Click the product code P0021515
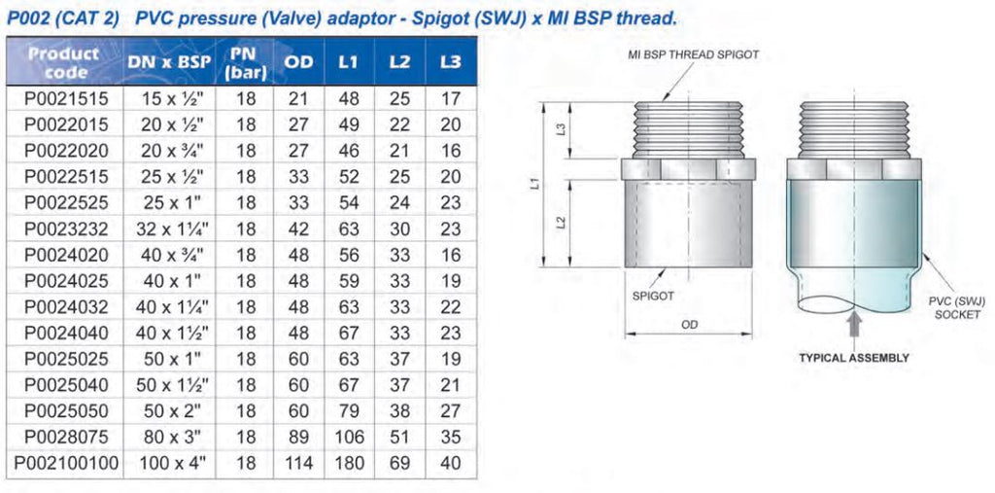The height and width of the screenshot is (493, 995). pos(66,99)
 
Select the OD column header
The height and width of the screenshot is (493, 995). pos(298,62)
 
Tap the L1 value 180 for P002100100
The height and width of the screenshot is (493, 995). pos(348,463)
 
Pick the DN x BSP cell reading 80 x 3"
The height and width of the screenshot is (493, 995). pos(172,438)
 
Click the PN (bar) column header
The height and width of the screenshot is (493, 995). pos(246,62)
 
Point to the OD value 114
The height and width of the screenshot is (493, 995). pos(298,463)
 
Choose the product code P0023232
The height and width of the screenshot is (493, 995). pos(66,229)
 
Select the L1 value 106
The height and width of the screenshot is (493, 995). pos(348,438)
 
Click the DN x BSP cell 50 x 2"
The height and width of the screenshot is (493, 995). pos(172,411)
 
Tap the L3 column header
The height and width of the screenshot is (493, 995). pos(450,62)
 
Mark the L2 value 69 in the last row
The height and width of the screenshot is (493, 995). pos(399,463)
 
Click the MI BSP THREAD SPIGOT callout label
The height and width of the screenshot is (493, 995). pos(693,55)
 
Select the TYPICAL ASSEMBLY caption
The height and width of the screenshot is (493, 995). pos(853,358)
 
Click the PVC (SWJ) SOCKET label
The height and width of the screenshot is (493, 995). pos(955,308)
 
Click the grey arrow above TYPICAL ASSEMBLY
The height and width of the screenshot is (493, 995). pos(853,325)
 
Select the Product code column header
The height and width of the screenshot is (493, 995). pos(64,62)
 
